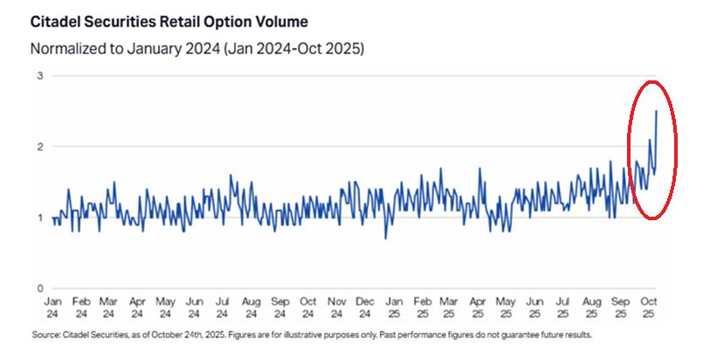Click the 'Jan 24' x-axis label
pos(52,307)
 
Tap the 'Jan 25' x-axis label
pos(394,307)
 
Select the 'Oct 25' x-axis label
pos(649,307)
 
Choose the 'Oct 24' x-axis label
pos(308,307)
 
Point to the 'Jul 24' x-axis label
pos(223,307)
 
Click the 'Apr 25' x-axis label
pos(479,307)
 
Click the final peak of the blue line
pos(656,111)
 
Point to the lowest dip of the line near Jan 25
pos(386,239)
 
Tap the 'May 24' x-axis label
pos(166,307)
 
